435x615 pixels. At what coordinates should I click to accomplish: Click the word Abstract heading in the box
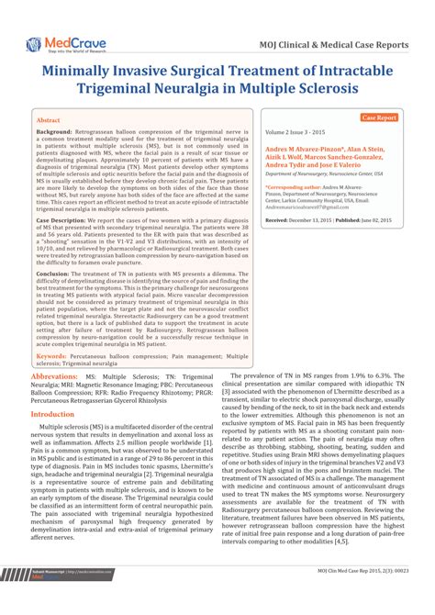48,120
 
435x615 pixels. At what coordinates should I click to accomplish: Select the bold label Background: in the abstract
54,132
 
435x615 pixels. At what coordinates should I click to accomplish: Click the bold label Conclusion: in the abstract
52,274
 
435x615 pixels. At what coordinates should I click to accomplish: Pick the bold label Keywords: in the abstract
51,353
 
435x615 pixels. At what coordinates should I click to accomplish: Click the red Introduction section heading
52,414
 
